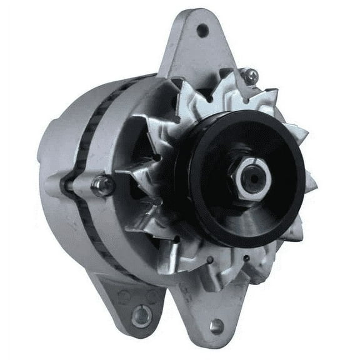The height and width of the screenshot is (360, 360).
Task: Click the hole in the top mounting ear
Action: click(x=202, y=29)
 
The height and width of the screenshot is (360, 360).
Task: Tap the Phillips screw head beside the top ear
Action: click(x=251, y=77)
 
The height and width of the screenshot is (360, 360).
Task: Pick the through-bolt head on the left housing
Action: click(x=102, y=184)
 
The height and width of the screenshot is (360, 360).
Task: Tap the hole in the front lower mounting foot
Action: click(x=216, y=326)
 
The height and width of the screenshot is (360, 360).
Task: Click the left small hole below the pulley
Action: click(x=210, y=258)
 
